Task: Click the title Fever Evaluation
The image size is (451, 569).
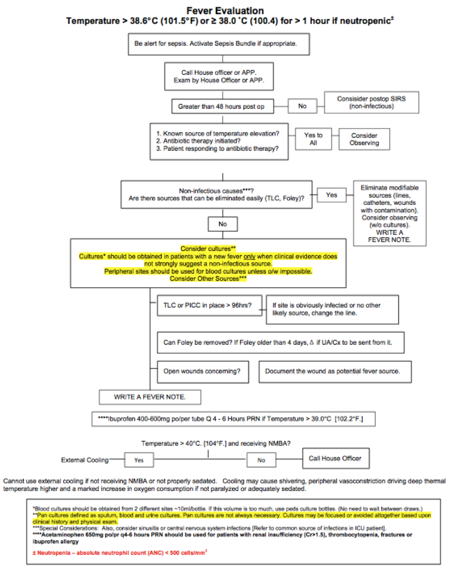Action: pyautogui.click(x=225, y=10)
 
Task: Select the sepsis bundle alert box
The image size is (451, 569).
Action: pyautogui.click(x=219, y=44)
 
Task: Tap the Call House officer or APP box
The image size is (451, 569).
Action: pyautogui.click(x=219, y=76)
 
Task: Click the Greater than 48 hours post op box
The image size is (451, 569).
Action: pyautogui.click(x=222, y=106)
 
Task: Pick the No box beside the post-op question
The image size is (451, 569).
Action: pyautogui.click(x=302, y=106)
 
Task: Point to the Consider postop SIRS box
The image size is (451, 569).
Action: pyautogui.click(x=371, y=102)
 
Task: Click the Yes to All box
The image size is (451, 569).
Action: pyautogui.click(x=313, y=139)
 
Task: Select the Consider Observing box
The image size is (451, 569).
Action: pyautogui.click(x=364, y=139)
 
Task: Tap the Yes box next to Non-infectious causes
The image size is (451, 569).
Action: pyautogui.click(x=331, y=195)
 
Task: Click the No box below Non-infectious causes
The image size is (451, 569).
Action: pyautogui.click(x=222, y=224)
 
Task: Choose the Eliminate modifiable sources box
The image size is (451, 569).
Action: pyautogui.click(x=389, y=213)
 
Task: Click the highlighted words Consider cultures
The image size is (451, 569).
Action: pyautogui.click(x=208, y=249)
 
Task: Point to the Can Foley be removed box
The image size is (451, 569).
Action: pyautogui.click(x=281, y=342)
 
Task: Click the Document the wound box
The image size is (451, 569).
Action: pyautogui.click(x=335, y=372)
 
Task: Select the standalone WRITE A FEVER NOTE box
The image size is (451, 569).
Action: pyautogui.click(x=150, y=397)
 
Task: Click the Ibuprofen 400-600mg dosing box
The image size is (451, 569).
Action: pyautogui.click(x=233, y=419)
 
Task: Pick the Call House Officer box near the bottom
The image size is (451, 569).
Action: pyautogui.click(x=336, y=458)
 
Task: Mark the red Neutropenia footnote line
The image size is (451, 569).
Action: pyautogui.click(x=120, y=553)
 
